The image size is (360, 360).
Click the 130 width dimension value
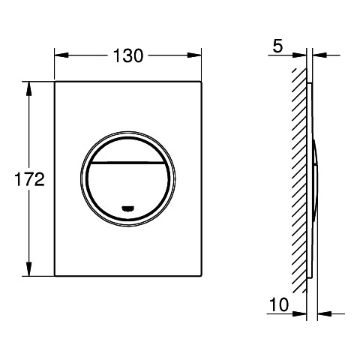tap(128, 55)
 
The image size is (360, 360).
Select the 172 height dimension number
tap(29, 179)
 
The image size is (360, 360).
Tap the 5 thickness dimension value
tap(277, 46)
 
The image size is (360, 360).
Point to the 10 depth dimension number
tap(279, 304)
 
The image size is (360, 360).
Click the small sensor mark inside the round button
tap(128, 208)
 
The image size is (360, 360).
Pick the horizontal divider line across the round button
tap(128, 163)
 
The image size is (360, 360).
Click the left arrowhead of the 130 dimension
tap(61, 55)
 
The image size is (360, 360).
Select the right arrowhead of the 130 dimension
tap(194, 55)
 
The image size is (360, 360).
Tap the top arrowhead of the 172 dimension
tap(29, 88)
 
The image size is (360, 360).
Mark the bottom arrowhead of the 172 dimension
tap(29, 268)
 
